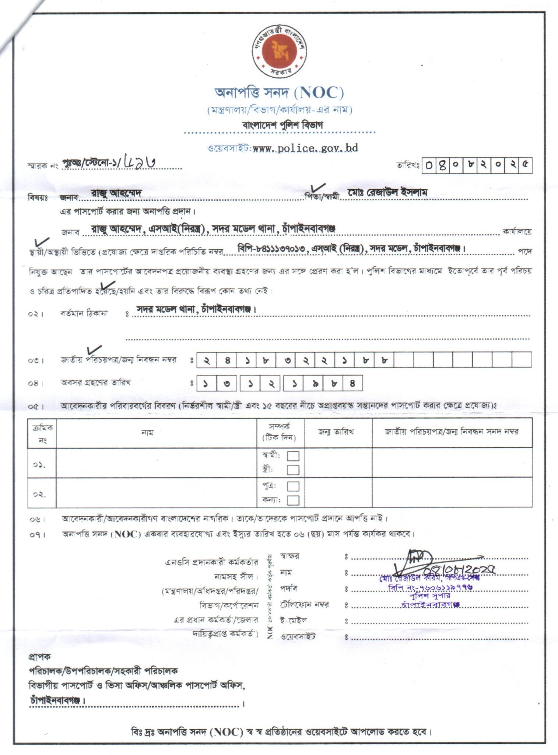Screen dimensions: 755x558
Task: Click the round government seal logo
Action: point(280,51)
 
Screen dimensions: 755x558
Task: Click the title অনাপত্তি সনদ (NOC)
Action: point(279,93)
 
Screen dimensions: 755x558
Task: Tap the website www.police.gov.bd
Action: point(305,148)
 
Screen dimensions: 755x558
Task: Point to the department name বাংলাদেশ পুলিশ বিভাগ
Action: point(282,125)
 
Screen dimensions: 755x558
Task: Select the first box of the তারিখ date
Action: point(429,165)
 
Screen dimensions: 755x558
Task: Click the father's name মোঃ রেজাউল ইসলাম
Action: point(387,192)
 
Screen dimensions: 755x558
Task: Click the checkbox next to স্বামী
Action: point(293,456)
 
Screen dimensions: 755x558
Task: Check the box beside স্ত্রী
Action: point(293,470)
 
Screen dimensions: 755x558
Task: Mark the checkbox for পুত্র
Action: point(293,486)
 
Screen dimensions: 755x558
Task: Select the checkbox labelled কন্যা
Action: point(293,500)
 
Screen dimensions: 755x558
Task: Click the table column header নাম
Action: point(147,433)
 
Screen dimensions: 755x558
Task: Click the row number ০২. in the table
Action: point(39,494)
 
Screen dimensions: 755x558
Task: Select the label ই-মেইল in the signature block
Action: point(293,621)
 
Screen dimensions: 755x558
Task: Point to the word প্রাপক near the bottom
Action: point(39,656)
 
